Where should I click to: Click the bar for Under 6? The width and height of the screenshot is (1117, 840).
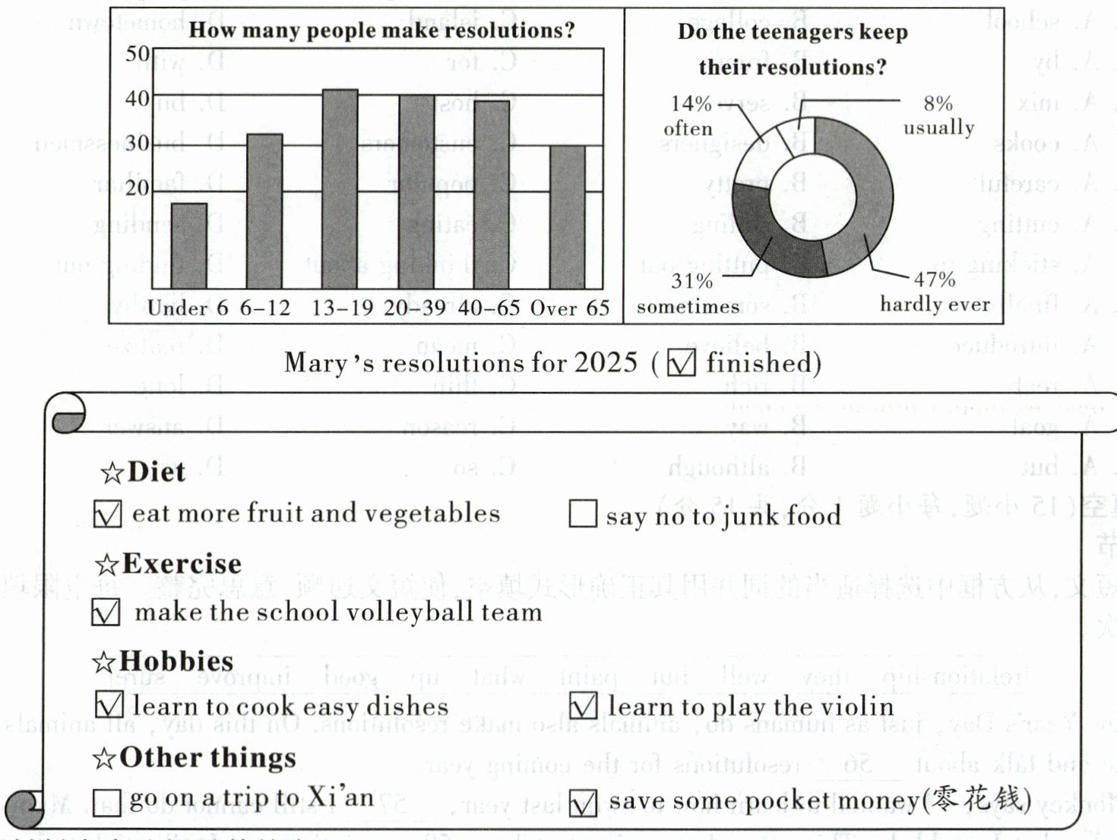click(x=189, y=245)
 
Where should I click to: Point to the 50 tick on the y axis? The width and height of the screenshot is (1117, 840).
click(x=138, y=54)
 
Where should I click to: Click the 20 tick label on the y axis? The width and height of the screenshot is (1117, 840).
click(x=138, y=188)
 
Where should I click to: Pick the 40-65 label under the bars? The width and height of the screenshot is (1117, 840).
click(x=489, y=308)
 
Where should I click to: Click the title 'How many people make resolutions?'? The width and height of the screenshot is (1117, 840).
click(x=381, y=30)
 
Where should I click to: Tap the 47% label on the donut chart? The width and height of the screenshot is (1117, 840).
click(x=934, y=279)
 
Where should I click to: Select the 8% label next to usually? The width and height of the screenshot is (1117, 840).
click(x=938, y=103)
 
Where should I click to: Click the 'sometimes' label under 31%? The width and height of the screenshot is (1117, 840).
click(x=688, y=306)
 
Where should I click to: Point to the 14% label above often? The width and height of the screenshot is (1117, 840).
click(x=691, y=103)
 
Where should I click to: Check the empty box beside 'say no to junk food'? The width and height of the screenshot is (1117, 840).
click(x=583, y=513)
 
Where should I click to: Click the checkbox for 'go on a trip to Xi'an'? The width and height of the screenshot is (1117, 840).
click(x=106, y=802)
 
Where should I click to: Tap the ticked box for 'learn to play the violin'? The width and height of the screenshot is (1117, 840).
click(x=583, y=706)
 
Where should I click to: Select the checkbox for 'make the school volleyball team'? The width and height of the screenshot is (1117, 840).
click(x=106, y=612)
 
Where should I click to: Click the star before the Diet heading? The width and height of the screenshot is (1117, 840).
click(x=112, y=473)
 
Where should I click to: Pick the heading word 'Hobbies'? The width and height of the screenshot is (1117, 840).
click(x=176, y=661)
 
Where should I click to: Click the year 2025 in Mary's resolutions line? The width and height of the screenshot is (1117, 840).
click(x=606, y=362)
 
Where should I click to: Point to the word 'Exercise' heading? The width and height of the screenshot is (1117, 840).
click(x=182, y=564)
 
